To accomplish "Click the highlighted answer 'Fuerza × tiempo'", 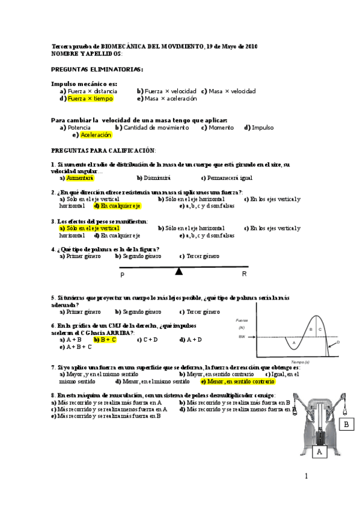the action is click(90, 99).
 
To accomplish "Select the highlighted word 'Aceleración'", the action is click(96, 135).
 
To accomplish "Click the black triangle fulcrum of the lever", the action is click(178, 271).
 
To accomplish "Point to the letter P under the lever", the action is click(122, 275).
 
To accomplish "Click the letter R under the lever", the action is click(244, 274).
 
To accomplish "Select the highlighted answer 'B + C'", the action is click(108, 339).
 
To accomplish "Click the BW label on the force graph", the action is click(242, 337).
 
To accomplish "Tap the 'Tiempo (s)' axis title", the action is click(300, 362).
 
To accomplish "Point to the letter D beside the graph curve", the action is click(338, 342).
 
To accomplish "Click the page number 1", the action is click(306, 477).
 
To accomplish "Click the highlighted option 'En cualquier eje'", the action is click(120, 206).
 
